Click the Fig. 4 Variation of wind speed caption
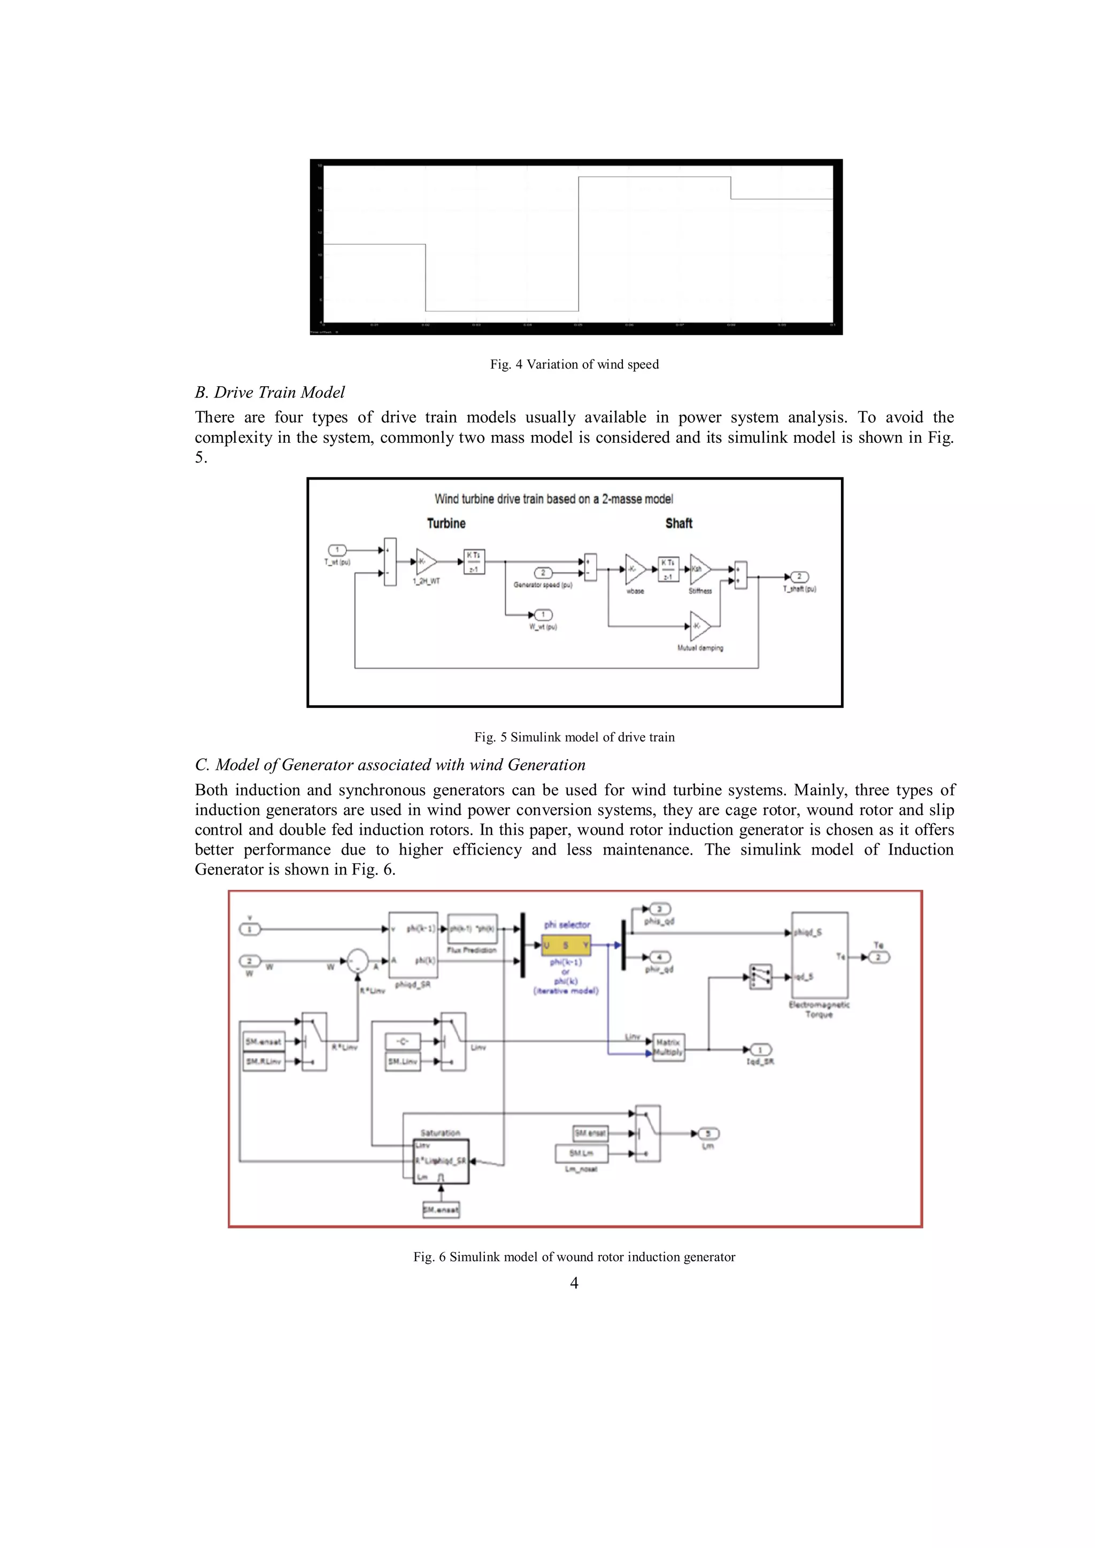[x=574, y=364]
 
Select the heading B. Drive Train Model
[x=270, y=393]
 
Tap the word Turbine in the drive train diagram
[x=446, y=523]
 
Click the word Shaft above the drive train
[x=678, y=523]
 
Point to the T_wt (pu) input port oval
[x=337, y=550]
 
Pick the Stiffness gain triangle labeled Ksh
[x=699, y=569]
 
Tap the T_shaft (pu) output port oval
[x=799, y=576]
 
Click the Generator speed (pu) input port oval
[x=543, y=573]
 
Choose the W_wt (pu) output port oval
[x=543, y=615]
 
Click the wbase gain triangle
[x=635, y=569]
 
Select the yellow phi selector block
[x=566, y=945]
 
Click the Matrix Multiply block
[x=668, y=1047]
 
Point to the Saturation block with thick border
[x=441, y=1161]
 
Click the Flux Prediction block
[x=472, y=929]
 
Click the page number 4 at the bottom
[x=574, y=1283]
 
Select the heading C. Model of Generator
[x=390, y=764]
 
